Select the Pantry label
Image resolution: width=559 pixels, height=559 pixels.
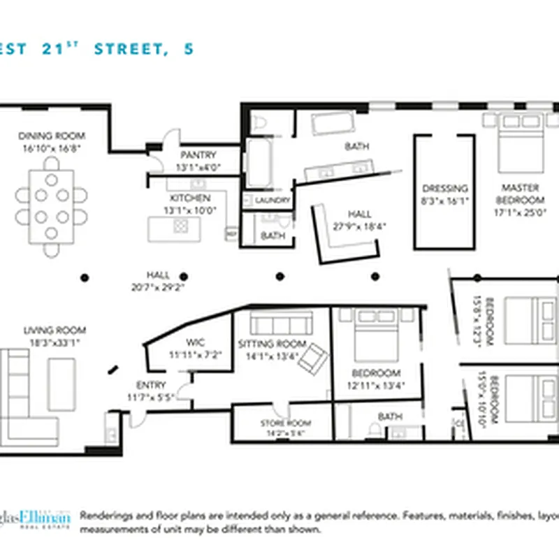pyautogui.click(x=198, y=155)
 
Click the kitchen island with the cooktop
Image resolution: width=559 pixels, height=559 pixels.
pyautogui.click(x=174, y=228)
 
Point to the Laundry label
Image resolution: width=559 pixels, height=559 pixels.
pyautogui.click(x=273, y=201)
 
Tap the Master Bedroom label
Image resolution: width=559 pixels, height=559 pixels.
pyautogui.click(x=520, y=193)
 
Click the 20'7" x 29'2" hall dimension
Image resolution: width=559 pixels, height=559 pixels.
pyautogui.click(x=159, y=286)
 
